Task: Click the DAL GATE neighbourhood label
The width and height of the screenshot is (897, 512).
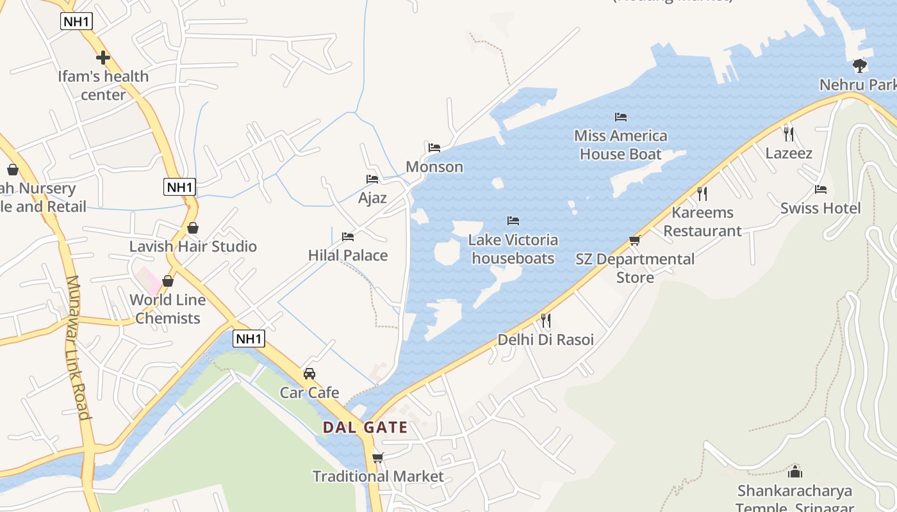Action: pyautogui.click(x=365, y=428)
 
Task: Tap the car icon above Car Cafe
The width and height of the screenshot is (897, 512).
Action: pyautogui.click(x=309, y=373)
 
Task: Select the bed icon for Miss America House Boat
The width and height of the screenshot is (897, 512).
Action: pyautogui.click(x=620, y=117)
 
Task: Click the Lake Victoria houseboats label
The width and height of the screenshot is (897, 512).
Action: pyautogui.click(x=513, y=249)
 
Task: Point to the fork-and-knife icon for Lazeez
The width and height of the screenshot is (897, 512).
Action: pyautogui.click(x=789, y=134)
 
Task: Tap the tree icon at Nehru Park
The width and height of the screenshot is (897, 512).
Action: pyautogui.click(x=859, y=65)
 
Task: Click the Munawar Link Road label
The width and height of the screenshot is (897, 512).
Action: pyautogui.click(x=77, y=347)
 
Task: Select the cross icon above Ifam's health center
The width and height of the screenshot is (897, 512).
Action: pyautogui.click(x=103, y=58)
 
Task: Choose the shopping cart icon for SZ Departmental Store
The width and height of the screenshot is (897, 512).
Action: pyautogui.click(x=634, y=240)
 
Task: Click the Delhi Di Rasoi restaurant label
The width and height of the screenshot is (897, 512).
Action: pyautogui.click(x=545, y=340)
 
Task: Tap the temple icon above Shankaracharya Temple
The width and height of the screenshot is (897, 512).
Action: pyautogui.click(x=794, y=472)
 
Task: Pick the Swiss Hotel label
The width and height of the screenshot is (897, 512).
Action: pyautogui.click(x=820, y=208)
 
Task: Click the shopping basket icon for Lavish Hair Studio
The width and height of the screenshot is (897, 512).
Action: pyautogui.click(x=192, y=228)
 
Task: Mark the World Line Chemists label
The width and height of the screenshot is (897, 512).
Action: pyautogui.click(x=167, y=308)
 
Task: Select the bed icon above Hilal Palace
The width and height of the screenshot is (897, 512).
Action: pyautogui.click(x=348, y=237)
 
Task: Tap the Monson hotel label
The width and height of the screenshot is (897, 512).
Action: pyautogui.click(x=434, y=167)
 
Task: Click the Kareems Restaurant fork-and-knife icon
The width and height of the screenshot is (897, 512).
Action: pyautogui.click(x=702, y=193)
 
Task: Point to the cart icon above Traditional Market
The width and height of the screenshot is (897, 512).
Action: pyautogui.click(x=377, y=458)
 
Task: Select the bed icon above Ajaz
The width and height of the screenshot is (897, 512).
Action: pyautogui.click(x=372, y=179)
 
